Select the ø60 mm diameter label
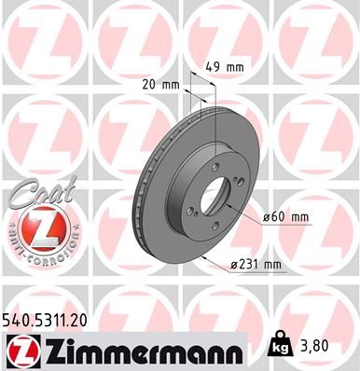coord(284,216)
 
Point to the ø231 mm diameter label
coord(256,265)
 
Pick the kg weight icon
coord(281,345)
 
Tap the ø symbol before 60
coord(266,216)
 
